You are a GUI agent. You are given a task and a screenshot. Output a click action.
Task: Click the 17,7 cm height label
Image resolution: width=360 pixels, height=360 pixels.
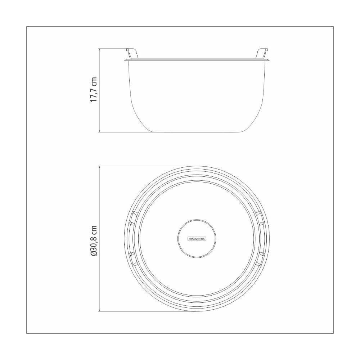[x=94, y=90]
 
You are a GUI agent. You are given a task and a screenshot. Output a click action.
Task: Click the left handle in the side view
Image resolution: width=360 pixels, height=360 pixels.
[x=132, y=53]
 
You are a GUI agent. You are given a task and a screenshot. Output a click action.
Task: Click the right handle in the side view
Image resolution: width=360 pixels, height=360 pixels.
[x=262, y=53]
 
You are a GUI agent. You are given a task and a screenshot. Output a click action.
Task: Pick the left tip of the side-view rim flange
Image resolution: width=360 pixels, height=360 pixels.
[x=125, y=59]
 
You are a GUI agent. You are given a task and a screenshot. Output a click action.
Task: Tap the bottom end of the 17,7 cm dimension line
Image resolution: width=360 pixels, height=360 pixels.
[x=99, y=132]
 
